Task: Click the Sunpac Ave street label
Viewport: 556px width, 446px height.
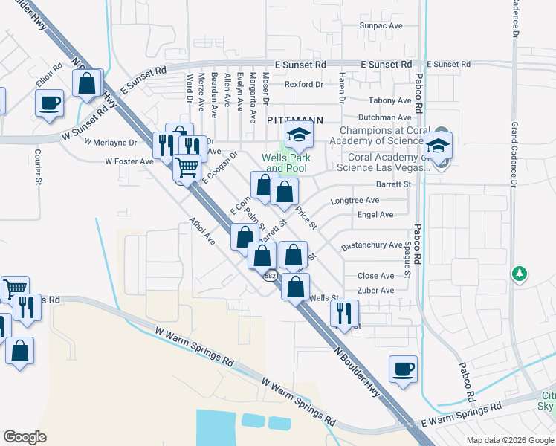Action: [381, 25]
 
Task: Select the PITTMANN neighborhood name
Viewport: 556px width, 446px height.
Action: [295, 119]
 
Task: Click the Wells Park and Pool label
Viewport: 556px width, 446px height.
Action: [286, 163]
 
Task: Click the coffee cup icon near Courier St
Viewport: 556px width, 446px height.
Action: [50, 103]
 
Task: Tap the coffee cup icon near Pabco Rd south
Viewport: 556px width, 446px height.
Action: [403, 369]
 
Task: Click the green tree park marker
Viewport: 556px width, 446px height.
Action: [520, 275]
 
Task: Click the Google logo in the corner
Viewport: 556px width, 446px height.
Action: [25, 436]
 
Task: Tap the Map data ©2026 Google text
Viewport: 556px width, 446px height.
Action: [509, 440]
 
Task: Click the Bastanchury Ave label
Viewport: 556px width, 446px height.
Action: [372, 245]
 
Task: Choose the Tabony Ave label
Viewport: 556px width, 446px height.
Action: [389, 100]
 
